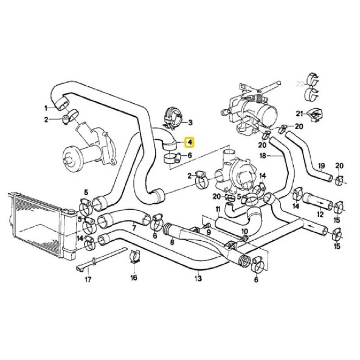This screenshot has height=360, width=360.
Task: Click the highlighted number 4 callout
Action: pyautogui.click(x=190, y=144)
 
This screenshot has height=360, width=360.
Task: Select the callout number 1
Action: pyautogui.click(x=45, y=108)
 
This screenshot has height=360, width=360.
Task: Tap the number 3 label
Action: pyautogui.click(x=190, y=122)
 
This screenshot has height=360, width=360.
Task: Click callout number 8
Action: pyautogui.click(x=171, y=242)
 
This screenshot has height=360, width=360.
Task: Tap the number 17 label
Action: pyautogui.click(x=88, y=280)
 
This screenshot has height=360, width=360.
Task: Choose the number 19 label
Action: pyautogui.click(x=322, y=165)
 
